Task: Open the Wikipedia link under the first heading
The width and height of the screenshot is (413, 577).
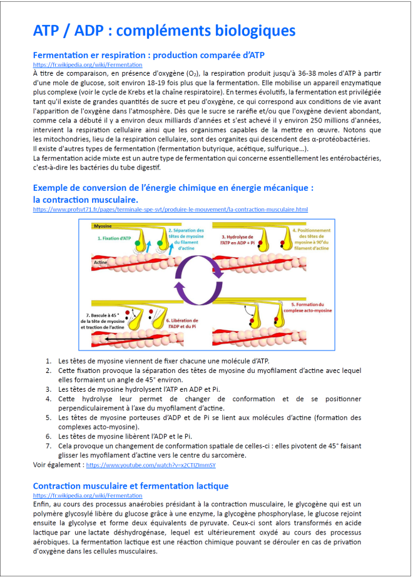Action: click(87, 65)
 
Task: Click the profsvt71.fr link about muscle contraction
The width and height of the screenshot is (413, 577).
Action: click(170, 209)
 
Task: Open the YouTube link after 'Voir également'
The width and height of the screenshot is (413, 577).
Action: click(150, 465)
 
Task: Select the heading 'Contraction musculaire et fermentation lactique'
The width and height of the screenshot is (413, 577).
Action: click(131, 486)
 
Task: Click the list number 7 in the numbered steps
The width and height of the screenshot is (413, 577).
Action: click(48, 446)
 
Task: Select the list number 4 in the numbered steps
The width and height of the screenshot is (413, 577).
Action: click(48, 399)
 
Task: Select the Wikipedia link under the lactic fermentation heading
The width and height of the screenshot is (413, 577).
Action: click(87, 495)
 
